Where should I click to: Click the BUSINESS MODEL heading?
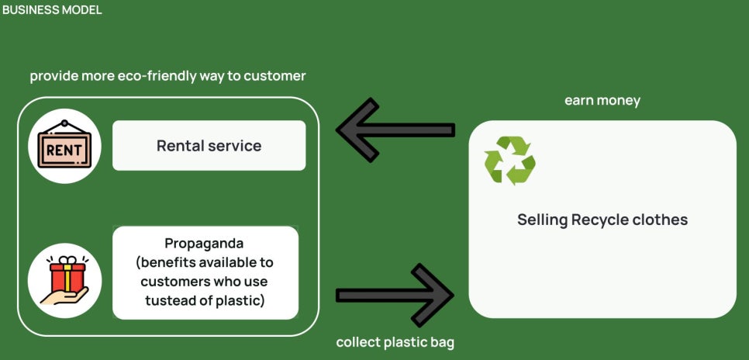coord(52,10)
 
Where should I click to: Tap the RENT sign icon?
coord(64,145)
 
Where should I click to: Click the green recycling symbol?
coord(509,161)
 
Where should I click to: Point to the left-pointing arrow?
coord(395,130)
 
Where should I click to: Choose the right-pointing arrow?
coord(395,295)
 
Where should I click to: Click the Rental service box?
coord(209,145)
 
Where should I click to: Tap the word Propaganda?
coord(204,244)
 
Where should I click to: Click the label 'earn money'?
coord(602,101)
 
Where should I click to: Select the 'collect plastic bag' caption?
coord(395,343)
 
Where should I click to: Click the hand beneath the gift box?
coord(64,296)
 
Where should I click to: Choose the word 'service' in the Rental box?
coord(238,145)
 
